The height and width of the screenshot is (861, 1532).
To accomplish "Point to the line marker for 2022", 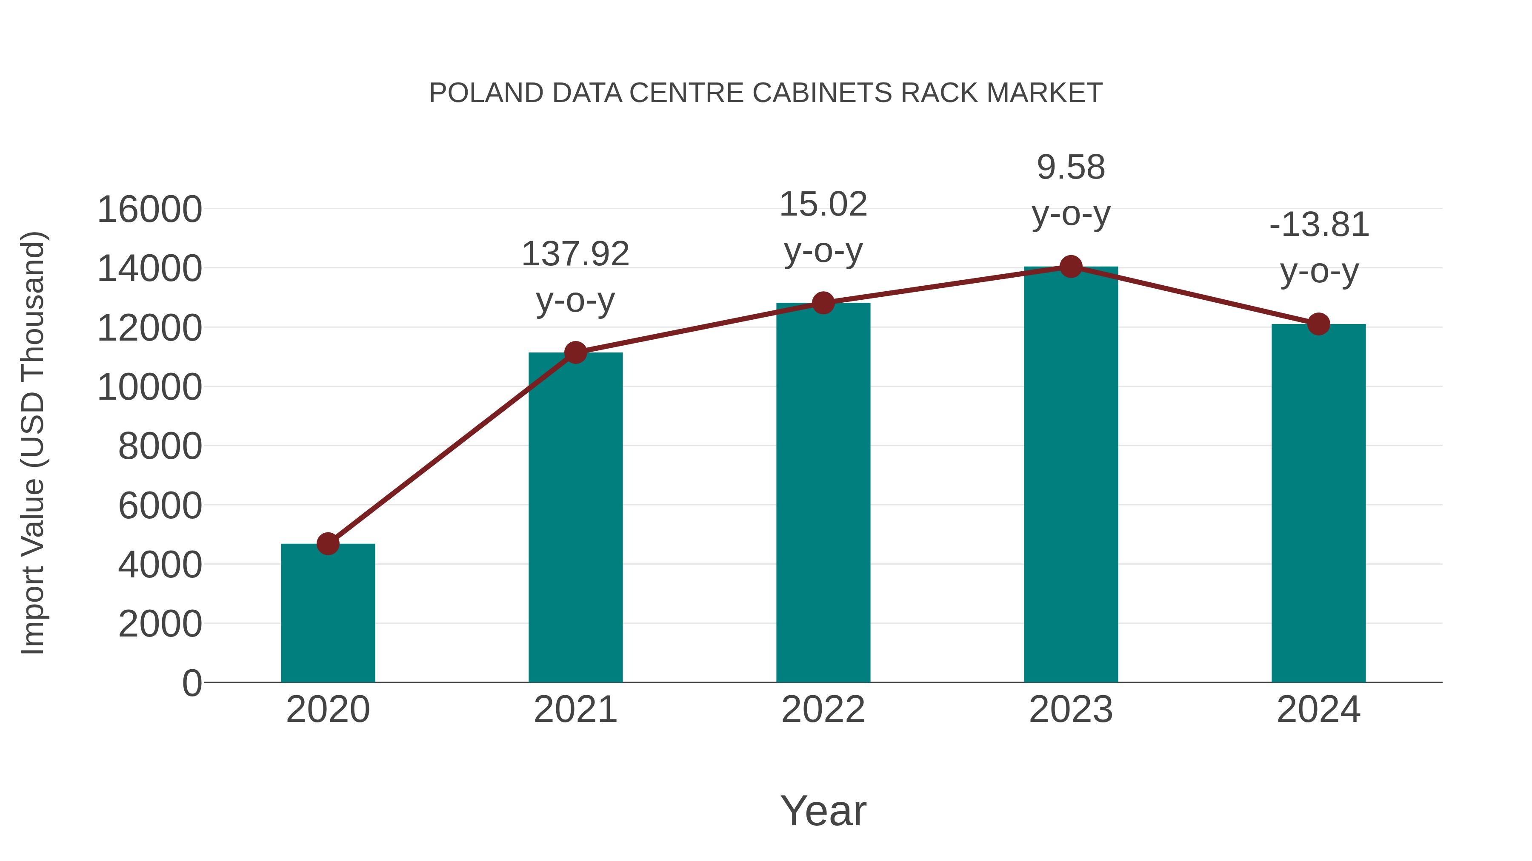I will (x=823, y=303).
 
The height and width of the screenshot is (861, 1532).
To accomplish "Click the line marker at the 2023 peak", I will (x=1071, y=267).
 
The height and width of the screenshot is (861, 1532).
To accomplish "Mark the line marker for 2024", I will (x=1318, y=324).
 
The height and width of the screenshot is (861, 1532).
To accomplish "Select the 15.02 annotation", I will (x=823, y=205).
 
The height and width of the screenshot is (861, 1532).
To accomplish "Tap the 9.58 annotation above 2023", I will (x=1071, y=167).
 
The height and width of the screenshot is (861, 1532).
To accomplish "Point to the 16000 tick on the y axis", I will (x=149, y=210).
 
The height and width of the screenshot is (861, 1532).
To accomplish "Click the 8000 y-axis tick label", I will (x=160, y=446).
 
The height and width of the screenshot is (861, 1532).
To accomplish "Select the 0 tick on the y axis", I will (x=191, y=683).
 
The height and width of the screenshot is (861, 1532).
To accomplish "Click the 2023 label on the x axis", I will (x=1071, y=710).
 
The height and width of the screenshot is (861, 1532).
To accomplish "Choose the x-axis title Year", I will (x=823, y=810).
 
